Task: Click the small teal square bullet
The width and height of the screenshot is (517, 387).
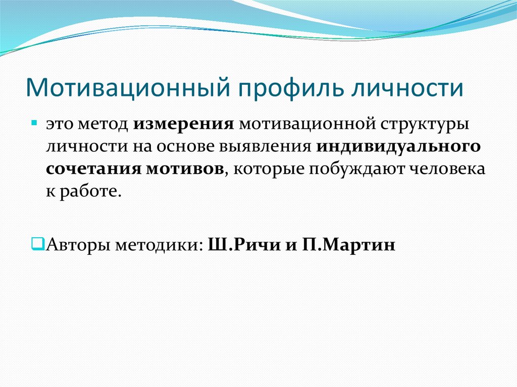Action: [x=33, y=123]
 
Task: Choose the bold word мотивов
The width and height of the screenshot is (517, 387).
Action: [x=185, y=169]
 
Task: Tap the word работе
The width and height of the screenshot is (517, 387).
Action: [x=90, y=192]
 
